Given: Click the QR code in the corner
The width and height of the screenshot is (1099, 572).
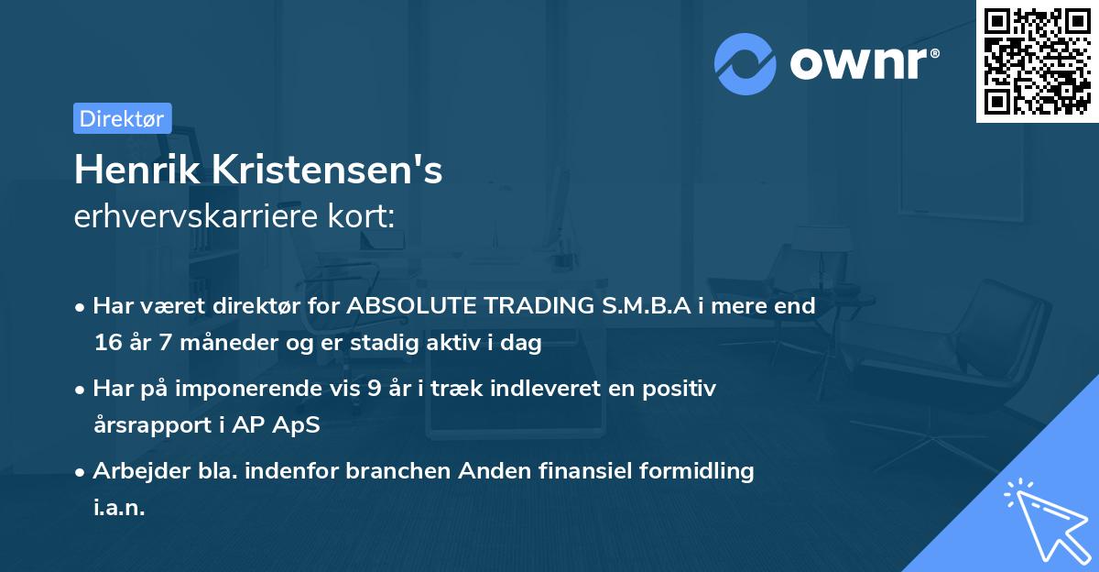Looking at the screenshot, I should tap(1037, 60).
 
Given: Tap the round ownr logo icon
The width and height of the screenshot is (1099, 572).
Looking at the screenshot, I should tap(745, 64).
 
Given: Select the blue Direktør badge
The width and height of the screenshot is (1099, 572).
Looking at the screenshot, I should tap(122, 118).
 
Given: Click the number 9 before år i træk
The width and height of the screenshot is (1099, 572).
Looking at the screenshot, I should tap(374, 389).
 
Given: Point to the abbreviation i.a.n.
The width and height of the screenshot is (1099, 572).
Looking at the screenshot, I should tap(119, 508).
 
